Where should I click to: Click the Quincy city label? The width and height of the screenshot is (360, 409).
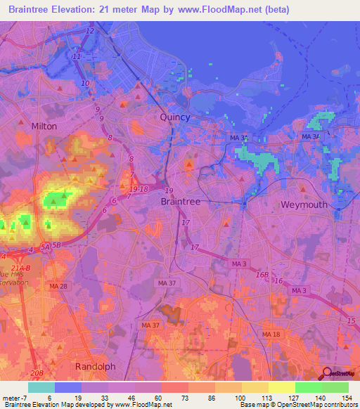click(175, 117)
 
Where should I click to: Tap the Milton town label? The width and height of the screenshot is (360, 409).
click(44, 126)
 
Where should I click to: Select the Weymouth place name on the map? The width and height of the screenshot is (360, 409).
click(304, 204)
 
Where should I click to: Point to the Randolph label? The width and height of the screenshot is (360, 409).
click(95, 366)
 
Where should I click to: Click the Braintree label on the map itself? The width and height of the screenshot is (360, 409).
click(181, 201)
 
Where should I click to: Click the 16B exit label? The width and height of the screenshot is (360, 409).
click(262, 275)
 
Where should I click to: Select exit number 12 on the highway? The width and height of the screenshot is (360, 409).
click(89, 32)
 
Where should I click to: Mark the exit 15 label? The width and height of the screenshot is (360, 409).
click(352, 320)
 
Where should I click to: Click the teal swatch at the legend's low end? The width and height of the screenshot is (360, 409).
click(41, 387)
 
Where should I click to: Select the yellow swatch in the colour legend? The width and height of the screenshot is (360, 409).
click(281, 387)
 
